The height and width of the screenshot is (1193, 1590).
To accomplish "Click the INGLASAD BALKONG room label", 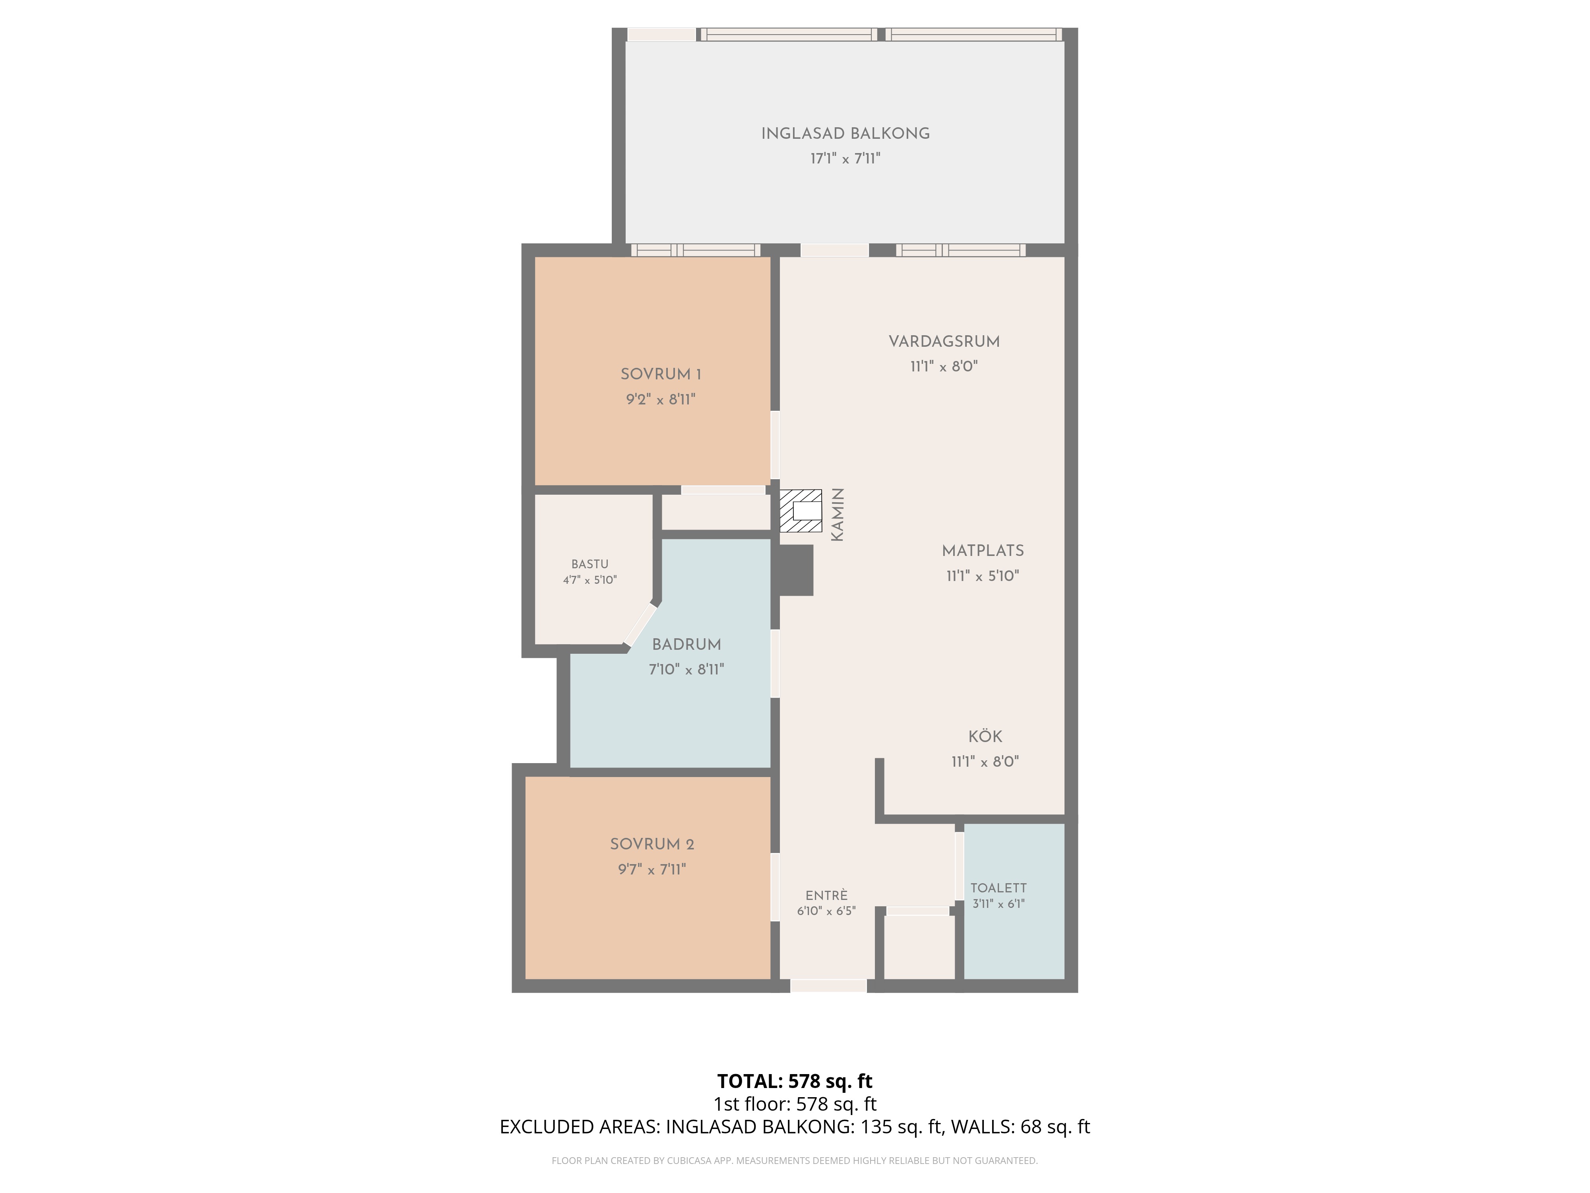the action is click(845, 134).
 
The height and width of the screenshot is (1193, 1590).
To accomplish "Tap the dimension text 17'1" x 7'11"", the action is click(845, 158).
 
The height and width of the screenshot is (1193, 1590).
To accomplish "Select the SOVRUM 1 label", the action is click(661, 374).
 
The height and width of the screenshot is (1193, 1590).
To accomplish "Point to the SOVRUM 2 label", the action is click(652, 844).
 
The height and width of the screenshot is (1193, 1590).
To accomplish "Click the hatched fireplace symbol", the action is click(801, 511).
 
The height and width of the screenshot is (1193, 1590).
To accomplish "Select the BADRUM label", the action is click(686, 644).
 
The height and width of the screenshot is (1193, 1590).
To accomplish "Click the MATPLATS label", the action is click(983, 551).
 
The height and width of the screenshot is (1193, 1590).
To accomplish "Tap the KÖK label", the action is click(985, 736).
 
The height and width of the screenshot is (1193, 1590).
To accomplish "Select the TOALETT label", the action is click(999, 888).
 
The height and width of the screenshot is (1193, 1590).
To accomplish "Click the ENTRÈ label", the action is click(827, 895).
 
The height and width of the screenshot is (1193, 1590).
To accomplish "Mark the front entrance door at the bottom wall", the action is click(829, 986).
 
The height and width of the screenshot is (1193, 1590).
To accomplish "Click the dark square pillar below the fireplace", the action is click(797, 570).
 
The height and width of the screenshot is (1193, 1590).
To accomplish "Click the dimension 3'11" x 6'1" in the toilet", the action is click(999, 904).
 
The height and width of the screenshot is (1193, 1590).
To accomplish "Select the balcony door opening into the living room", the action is click(834, 250).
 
